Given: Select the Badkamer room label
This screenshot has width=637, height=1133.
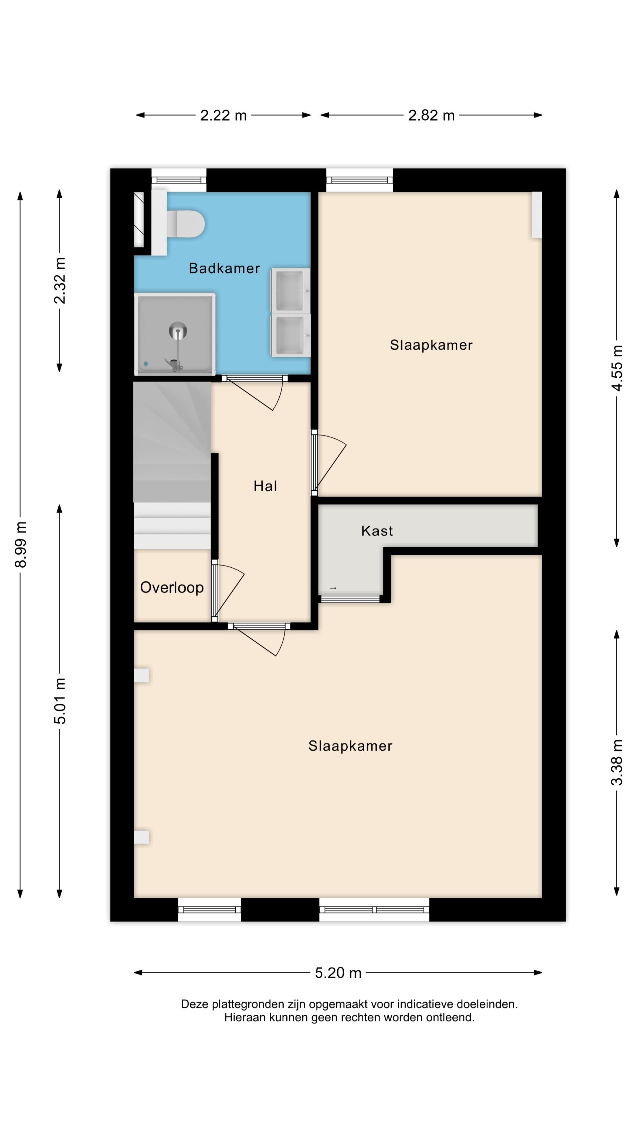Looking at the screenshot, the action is tap(224, 268).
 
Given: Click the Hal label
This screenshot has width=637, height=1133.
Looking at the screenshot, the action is tap(265, 486).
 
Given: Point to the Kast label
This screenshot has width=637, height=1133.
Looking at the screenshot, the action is tap(377, 531).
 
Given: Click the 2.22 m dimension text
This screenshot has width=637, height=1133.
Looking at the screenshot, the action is tap(223, 115).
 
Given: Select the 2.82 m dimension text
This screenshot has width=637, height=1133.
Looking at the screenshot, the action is tap(431, 115).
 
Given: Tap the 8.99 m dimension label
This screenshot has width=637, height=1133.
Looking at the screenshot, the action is tap(21, 544).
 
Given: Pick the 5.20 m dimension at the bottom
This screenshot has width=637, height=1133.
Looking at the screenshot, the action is tap(338, 972).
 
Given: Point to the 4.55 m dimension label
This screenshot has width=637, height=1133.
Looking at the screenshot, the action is tap(617, 368).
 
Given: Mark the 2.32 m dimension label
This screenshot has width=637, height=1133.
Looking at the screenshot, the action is tap(60, 281).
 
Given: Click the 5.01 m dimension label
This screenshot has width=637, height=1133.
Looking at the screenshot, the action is tap(60, 701).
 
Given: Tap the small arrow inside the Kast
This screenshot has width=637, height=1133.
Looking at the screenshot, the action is tap(333, 588).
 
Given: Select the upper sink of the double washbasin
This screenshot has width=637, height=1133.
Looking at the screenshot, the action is tap(290, 290).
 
